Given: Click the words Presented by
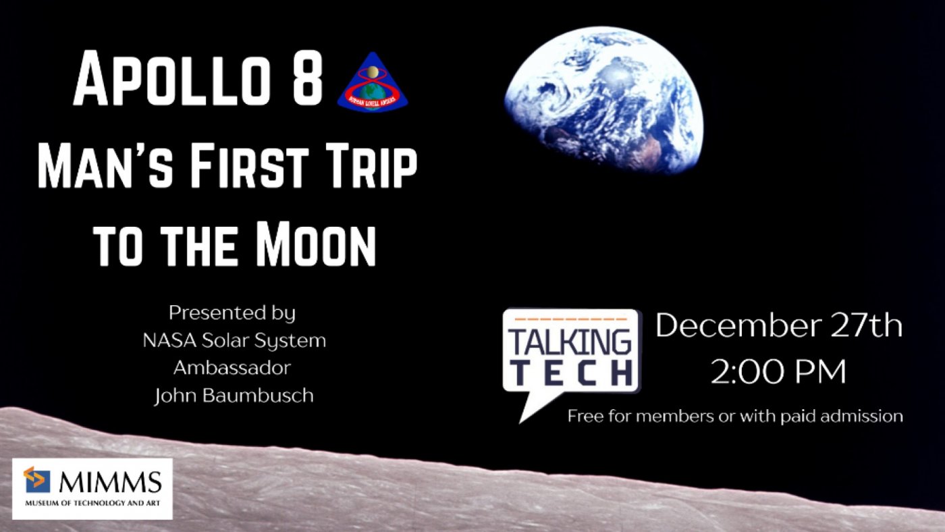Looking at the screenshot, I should point(232,313).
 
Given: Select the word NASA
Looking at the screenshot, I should point(169,341).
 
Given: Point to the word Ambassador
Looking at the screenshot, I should point(232,368).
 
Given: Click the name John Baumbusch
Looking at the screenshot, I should point(234,396).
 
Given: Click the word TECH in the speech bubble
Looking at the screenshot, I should point(570,372).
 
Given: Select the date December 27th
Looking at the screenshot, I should point(778,326).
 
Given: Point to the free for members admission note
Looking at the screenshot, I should point(734,416).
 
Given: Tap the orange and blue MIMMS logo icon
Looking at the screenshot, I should point(37,479).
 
